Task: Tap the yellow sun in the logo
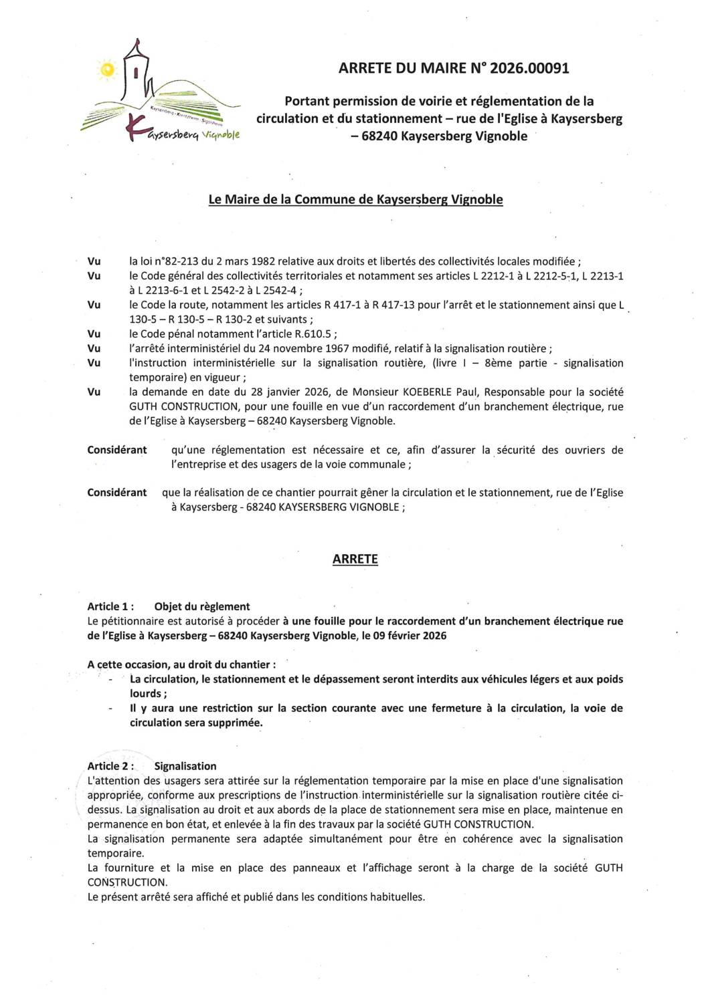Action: coord(106,69)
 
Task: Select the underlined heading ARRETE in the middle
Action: coord(355,559)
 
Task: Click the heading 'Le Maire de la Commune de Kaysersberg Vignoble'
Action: coord(355,199)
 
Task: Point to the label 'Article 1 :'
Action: coord(110,606)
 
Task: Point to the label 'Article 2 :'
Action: coord(110,766)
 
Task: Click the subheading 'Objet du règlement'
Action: coord(201,606)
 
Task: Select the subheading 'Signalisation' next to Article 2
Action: coord(185,766)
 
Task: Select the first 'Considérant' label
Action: coord(117,450)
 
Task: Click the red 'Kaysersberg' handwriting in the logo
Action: coord(161,132)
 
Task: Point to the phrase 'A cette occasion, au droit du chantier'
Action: coord(180,664)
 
